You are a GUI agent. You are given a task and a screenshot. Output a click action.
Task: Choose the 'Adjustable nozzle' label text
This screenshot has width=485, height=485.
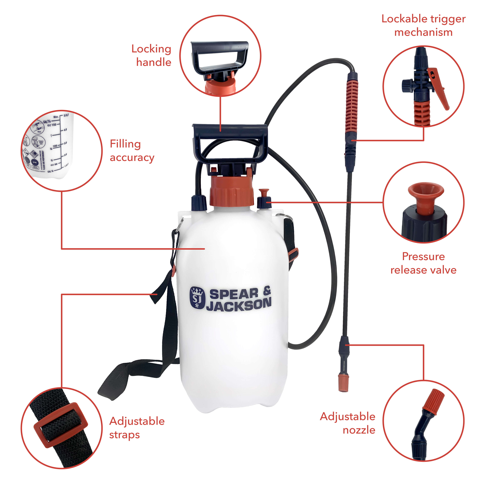pos(348,423)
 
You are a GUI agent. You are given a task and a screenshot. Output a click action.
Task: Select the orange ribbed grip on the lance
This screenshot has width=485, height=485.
pos(351,105)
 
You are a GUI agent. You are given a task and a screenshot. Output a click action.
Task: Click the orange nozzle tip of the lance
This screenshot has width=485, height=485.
pos(343,383)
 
